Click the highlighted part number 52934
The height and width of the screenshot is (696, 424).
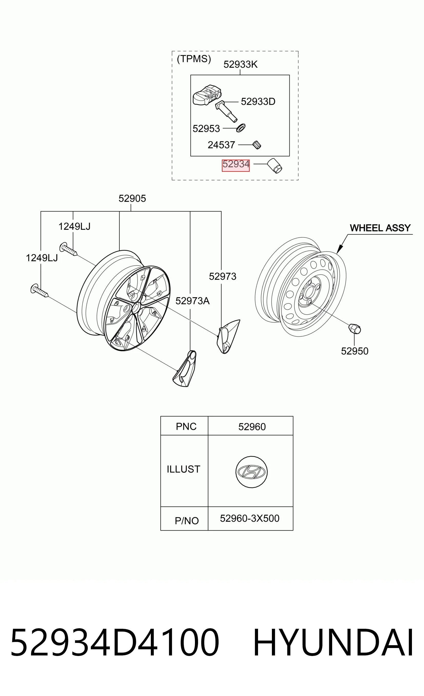(x=236, y=164)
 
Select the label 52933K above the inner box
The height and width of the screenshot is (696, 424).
(x=241, y=64)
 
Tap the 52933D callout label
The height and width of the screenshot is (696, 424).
(x=258, y=101)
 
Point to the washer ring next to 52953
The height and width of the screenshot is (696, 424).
(x=241, y=128)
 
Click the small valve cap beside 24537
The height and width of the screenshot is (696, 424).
(x=257, y=145)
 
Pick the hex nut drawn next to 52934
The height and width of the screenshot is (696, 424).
(x=275, y=166)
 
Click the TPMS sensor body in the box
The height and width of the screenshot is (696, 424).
(x=207, y=95)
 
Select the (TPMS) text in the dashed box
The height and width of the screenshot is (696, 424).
(x=194, y=59)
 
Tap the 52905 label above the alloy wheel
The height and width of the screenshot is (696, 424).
(x=132, y=198)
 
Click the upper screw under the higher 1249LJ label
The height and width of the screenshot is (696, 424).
(x=68, y=249)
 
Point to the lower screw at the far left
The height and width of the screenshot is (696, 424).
(x=39, y=290)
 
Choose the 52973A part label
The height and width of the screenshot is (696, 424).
(x=193, y=301)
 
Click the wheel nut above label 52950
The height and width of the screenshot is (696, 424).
(x=354, y=329)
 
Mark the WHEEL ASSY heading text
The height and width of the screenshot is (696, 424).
(x=380, y=228)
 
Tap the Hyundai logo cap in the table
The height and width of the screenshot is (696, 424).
(x=252, y=472)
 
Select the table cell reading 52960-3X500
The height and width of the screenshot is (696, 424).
(x=250, y=519)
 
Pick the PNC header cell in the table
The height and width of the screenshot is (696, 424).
(x=184, y=426)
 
